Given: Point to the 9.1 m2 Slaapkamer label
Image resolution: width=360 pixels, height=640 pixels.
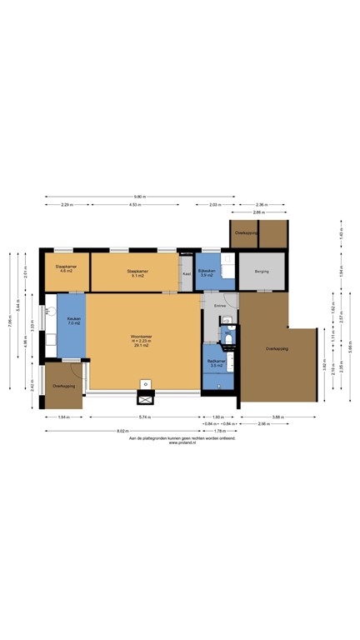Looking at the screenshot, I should pos(137,272).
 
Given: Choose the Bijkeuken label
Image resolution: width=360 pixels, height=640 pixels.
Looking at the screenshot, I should pos(207,272).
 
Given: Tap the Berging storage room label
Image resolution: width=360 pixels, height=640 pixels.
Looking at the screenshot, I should pos(262,271).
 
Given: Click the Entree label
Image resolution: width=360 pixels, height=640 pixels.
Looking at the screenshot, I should pos(220,307).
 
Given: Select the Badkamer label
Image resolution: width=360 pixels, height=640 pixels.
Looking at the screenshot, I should pos(216,360).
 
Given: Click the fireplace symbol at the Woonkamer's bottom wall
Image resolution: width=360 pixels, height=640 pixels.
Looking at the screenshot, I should pos(146,384).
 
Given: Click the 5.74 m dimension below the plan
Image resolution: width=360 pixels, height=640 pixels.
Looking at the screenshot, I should pos(143,416).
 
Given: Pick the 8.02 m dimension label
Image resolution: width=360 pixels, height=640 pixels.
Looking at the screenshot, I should pos(122,431).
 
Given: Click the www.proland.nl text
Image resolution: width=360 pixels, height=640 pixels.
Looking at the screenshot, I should pos(182,442).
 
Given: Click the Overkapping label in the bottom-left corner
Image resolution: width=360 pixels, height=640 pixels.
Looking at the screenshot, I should pos(63,387).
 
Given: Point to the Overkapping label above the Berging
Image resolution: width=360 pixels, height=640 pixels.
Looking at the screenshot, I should pos(244,232).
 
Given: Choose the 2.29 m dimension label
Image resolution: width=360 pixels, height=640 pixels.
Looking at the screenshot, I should pos(66,204).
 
